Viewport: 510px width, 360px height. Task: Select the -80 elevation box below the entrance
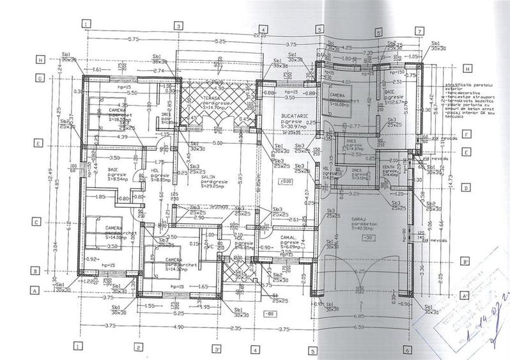pos(270,314)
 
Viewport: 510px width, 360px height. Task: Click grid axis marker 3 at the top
pos(179,26)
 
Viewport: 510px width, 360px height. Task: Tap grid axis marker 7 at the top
pos(419,31)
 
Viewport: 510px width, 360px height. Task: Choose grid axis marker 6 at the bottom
pos(406,350)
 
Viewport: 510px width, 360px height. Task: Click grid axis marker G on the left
pos(40,79)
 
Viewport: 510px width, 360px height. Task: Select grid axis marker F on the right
pos(467,135)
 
